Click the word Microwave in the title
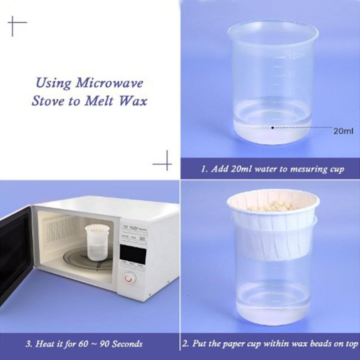pos(109,83)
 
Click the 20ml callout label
pos(343,131)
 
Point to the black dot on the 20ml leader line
pos(273,127)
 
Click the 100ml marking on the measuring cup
pos(296,56)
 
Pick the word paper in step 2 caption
pos(226,344)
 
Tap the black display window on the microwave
pos(133,254)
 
